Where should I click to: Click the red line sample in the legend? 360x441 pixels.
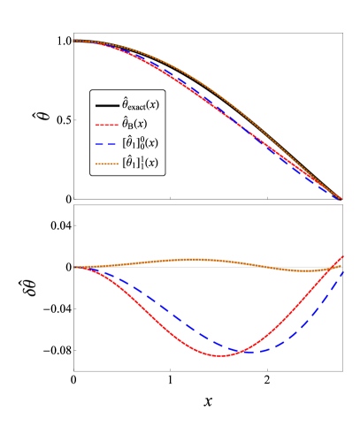(x=107, y=125)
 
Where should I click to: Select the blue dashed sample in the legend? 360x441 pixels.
(x=107, y=144)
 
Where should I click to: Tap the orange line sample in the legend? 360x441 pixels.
(x=107, y=164)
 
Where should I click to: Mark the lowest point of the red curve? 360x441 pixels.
(x=219, y=355)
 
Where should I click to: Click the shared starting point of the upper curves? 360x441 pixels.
(x=74, y=41)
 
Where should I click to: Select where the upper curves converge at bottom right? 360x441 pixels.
(x=341, y=199)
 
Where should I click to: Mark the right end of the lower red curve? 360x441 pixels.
(x=343, y=256)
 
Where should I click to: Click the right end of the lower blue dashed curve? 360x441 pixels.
(x=343, y=270)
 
